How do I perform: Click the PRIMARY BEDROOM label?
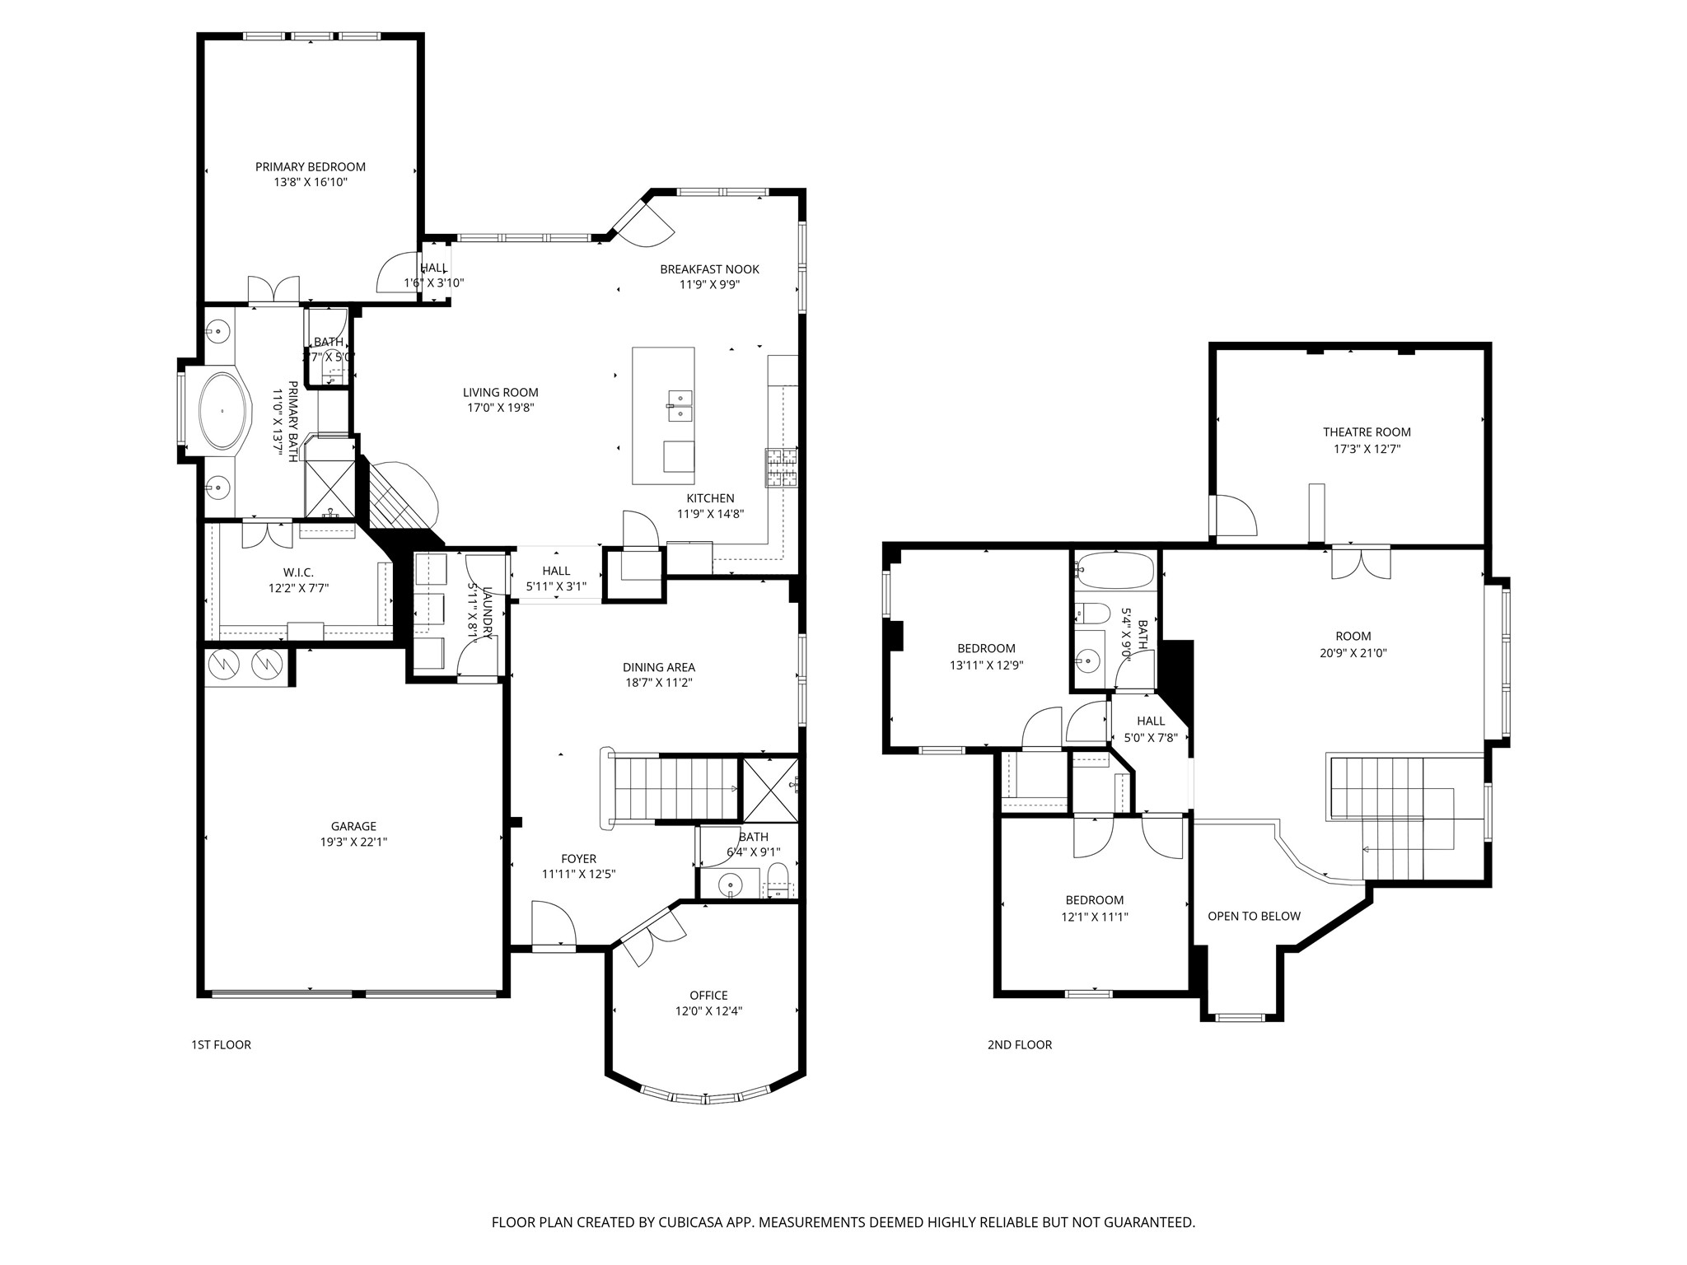point(310,166)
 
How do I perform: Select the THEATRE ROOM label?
point(1367,432)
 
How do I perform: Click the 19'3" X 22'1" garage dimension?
point(353,842)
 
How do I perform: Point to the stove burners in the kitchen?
point(782,469)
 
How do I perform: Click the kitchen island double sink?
point(680,406)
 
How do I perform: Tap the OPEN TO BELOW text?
point(1254,916)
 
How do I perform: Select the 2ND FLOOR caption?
point(1019,1044)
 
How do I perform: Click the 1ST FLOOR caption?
point(221,1044)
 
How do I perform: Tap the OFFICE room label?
point(708,995)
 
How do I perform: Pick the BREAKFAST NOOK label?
point(709,269)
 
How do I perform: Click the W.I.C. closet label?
point(298,572)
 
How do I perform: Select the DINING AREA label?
point(658,667)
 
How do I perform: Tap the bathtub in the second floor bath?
point(1115,570)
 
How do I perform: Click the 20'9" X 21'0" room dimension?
point(1353,653)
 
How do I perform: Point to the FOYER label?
point(578,858)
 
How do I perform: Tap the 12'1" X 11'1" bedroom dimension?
point(1094,916)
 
